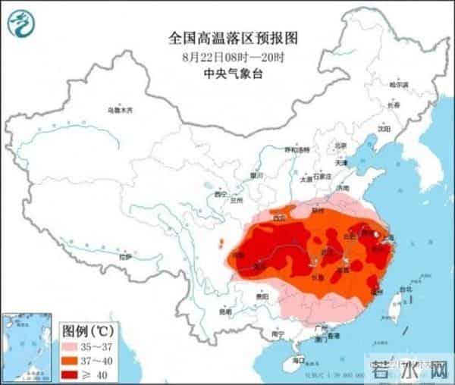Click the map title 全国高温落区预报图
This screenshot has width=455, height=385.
click(227, 36)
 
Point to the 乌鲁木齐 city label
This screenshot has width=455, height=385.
click(120, 111)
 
